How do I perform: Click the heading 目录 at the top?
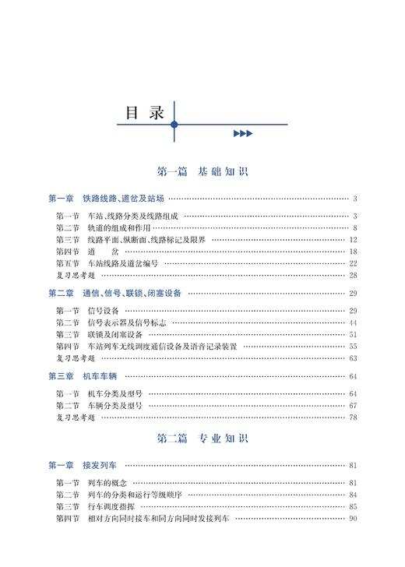pyautogui.click(x=146, y=112)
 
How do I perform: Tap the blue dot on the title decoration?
pyautogui.click(x=174, y=125)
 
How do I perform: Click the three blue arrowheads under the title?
pyautogui.click(x=243, y=134)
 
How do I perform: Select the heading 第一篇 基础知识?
pyautogui.click(x=202, y=171)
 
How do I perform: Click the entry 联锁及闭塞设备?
pyautogui.click(x=113, y=334)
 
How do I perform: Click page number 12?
pyautogui.click(x=353, y=240)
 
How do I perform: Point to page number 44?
pyautogui.click(x=353, y=322)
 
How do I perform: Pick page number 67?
pyautogui.click(x=353, y=406)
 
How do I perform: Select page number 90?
pyautogui.click(x=353, y=519)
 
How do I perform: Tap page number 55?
pyautogui.click(x=353, y=346)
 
